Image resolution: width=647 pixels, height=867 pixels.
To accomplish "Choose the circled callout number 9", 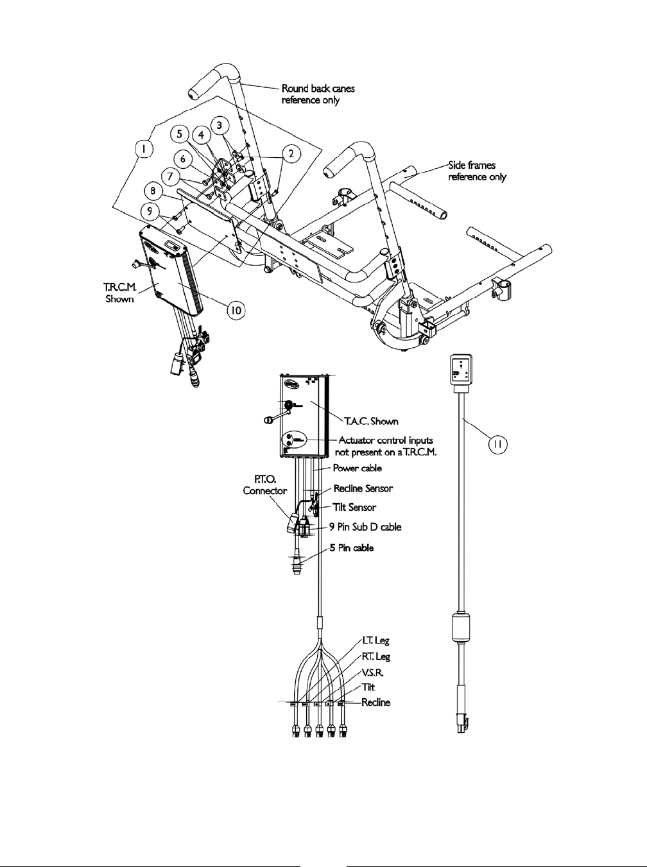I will pos(150,209).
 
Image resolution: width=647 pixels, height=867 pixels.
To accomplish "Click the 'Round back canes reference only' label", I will pos(318,95).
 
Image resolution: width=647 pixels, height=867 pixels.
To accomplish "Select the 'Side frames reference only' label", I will pos(477,171).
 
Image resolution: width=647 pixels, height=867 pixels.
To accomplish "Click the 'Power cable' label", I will pos(357,468).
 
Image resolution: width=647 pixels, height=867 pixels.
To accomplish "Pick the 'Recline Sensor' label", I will pos(363,488).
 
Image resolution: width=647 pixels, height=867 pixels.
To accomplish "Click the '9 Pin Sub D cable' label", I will pos(369,527).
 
